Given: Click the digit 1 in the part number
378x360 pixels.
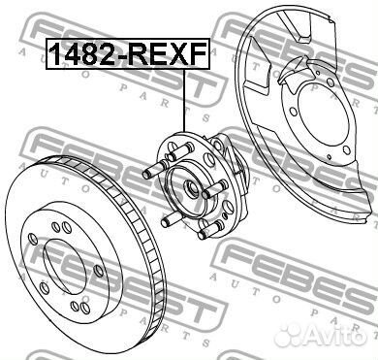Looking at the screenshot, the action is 56,53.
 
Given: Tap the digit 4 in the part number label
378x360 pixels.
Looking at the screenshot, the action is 72,53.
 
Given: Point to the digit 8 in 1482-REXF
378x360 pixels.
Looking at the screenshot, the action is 88,53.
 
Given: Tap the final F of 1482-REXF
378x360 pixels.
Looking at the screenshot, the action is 199,53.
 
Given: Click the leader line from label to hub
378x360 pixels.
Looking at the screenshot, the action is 184,100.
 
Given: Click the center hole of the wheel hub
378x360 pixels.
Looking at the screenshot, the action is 191,189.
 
